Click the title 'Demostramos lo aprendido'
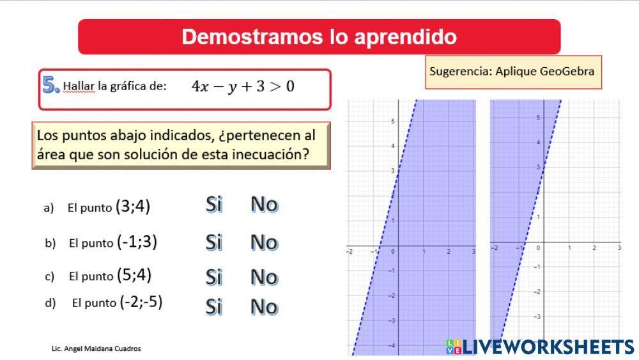[319, 36]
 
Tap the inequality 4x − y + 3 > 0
[243, 87]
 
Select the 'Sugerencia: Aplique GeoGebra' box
[513, 71]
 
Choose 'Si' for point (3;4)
[214, 205]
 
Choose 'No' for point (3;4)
[264, 205]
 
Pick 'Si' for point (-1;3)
[214, 242]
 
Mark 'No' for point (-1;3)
[264, 242]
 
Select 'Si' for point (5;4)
[214, 277]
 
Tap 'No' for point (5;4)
[264, 277]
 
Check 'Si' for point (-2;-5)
[214, 307]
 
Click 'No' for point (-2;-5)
[264, 307]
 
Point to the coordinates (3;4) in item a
[133, 207]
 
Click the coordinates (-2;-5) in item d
[141, 302]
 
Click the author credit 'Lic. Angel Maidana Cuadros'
[96, 348]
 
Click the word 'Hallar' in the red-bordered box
[79, 87]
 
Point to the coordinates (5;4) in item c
[134, 276]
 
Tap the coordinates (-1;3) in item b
[137, 242]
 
